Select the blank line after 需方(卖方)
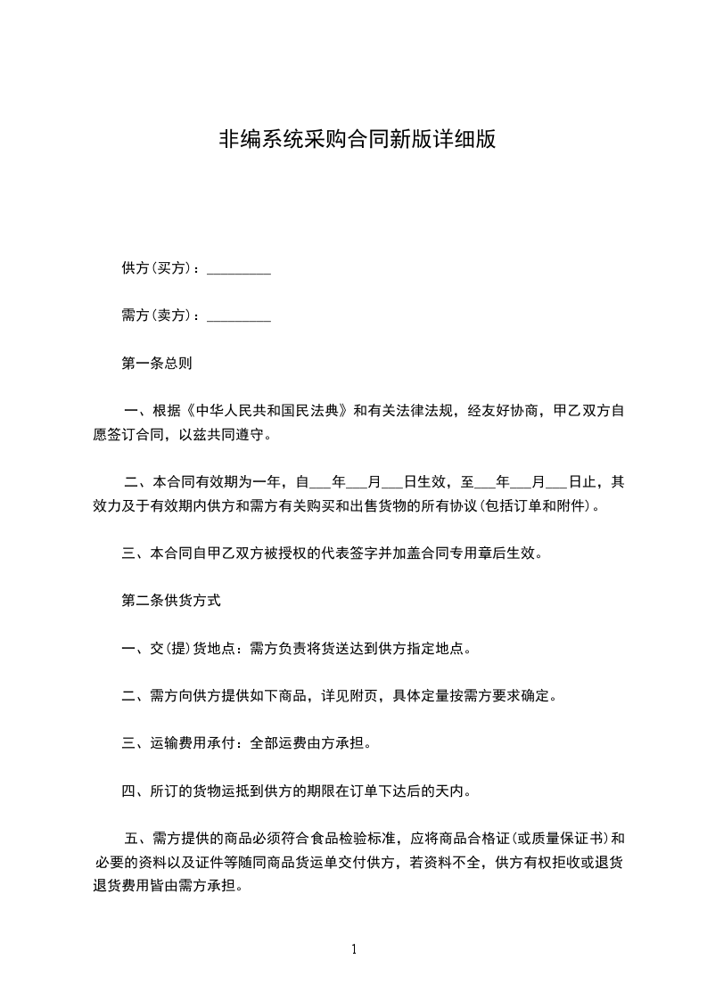coord(238,316)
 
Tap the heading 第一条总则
coord(156,364)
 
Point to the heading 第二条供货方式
coord(170,601)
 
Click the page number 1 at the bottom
coord(354,949)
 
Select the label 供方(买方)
coord(156,268)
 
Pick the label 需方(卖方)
coord(156,316)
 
